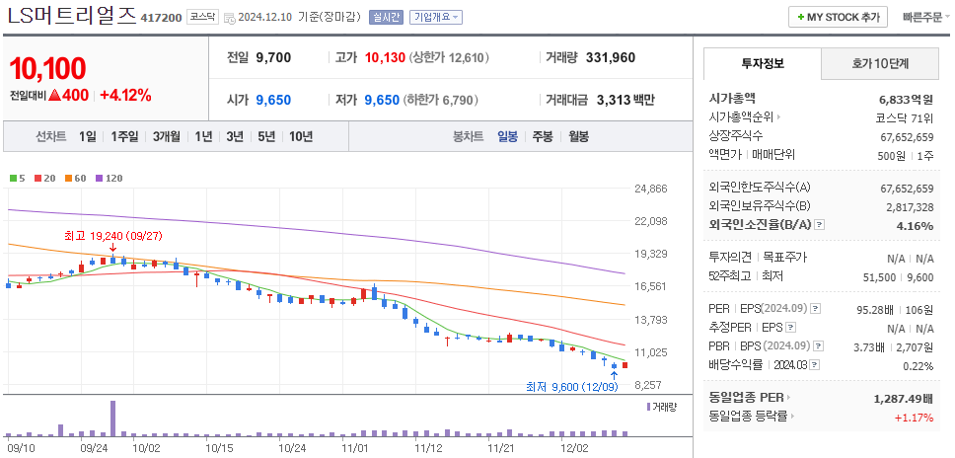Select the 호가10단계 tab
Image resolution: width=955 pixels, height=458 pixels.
(880, 63)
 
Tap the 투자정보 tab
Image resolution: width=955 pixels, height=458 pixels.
(762, 63)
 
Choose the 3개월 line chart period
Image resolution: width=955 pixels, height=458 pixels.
(168, 137)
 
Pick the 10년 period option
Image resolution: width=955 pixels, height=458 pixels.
(300, 137)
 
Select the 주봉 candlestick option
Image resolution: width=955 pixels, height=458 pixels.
(542, 137)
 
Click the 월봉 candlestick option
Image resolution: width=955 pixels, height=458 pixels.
(578, 137)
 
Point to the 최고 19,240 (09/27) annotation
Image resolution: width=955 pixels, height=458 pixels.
(112, 237)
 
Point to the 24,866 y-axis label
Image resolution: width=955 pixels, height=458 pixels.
(651, 189)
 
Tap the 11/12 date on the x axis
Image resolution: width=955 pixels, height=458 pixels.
(428, 447)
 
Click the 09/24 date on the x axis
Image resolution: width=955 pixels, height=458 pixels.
(93, 447)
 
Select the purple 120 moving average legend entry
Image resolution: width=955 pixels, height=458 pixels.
(109, 178)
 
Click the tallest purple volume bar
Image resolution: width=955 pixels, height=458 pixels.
(112, 418)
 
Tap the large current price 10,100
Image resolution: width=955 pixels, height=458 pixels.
(47, 69)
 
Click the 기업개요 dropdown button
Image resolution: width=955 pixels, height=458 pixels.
(435, 17)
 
